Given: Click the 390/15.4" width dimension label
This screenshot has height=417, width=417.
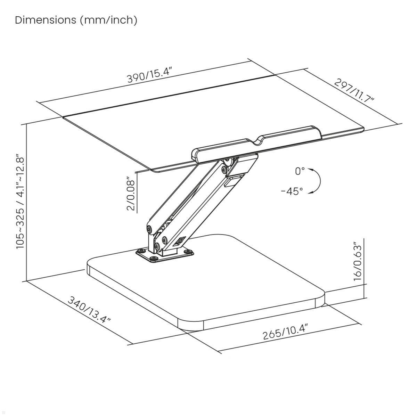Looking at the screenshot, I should tap(149, 75).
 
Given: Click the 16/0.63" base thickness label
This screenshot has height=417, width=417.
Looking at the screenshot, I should tap(357, 261).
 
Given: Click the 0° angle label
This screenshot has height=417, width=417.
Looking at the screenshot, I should tap(300, 171).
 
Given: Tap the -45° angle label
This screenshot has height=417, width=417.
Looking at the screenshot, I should tap(292, 191).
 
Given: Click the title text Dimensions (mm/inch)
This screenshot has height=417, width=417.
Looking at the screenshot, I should tap(76, 20).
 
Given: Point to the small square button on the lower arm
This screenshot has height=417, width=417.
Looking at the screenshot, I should tap(181, 241).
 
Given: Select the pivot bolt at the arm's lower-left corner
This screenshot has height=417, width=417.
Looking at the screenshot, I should tap(149, 229).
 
